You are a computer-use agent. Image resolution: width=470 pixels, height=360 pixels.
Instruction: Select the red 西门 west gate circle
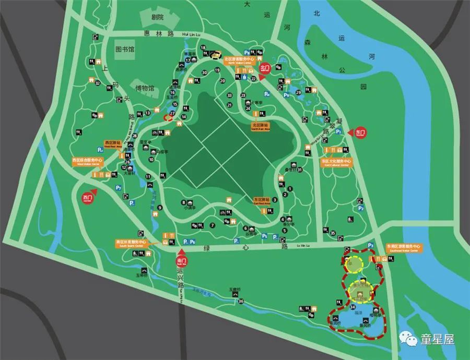tap(87, 198)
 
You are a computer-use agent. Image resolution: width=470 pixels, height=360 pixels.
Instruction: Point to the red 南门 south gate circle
tap(182, 259)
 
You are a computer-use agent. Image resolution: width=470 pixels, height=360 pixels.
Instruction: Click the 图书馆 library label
tap(125, 49)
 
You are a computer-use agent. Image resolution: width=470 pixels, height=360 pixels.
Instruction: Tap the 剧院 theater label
tap(157, 17)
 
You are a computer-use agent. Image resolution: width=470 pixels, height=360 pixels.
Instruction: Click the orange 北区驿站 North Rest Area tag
tap(260, 125)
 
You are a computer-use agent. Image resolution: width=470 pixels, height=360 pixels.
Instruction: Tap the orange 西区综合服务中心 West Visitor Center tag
tap(90, 160)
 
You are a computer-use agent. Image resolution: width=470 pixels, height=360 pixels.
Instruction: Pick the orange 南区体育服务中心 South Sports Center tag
tap(132, 243)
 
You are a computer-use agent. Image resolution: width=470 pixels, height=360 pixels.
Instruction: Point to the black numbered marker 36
tap(241, 301)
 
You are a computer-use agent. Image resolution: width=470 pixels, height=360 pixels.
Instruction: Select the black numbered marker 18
tap(203, 48)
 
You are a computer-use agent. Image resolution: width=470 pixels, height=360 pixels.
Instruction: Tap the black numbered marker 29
tap(299, 92)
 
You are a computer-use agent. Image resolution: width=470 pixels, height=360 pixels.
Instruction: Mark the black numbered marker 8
tap(184, 202)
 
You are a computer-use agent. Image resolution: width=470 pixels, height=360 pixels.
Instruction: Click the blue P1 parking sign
tap(338, 133)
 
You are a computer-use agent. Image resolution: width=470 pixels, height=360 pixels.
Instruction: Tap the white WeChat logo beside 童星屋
tap(411, 340)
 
